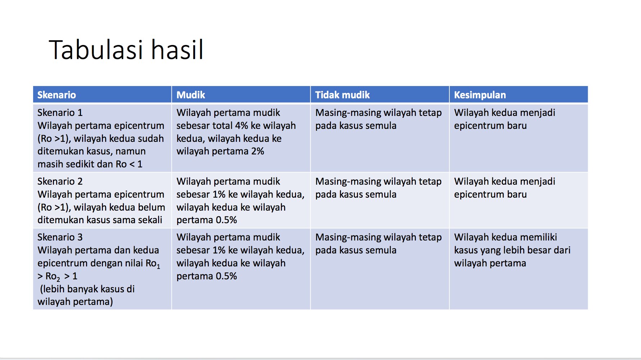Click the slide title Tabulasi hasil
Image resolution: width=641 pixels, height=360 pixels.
coord(126,50)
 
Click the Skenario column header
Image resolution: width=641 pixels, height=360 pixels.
coord(57,95)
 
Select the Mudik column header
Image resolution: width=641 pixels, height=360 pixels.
coord(190,95)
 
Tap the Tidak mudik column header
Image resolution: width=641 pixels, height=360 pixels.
coord(342,95)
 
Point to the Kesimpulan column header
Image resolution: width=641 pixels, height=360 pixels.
coord(480,95)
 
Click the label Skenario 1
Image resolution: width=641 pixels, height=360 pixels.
coord(60,113)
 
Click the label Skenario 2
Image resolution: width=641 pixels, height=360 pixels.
coord(60,181)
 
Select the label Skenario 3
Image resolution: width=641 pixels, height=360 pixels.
coord(60,237)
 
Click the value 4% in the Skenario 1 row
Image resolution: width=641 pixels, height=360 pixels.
coord(242,126)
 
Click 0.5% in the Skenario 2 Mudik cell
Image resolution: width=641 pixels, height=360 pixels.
coord(226,220)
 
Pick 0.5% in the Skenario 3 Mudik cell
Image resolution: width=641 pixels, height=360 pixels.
coord(226,276)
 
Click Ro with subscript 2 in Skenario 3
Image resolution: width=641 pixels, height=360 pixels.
coord(53,276)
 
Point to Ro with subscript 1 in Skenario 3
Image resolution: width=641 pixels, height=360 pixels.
coord(153,264)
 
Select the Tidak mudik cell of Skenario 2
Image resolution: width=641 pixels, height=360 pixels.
coord(379,200)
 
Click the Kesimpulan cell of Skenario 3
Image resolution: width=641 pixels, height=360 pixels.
coord(518,268)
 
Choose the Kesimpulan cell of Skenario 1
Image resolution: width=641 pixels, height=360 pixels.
coord(518,138)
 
